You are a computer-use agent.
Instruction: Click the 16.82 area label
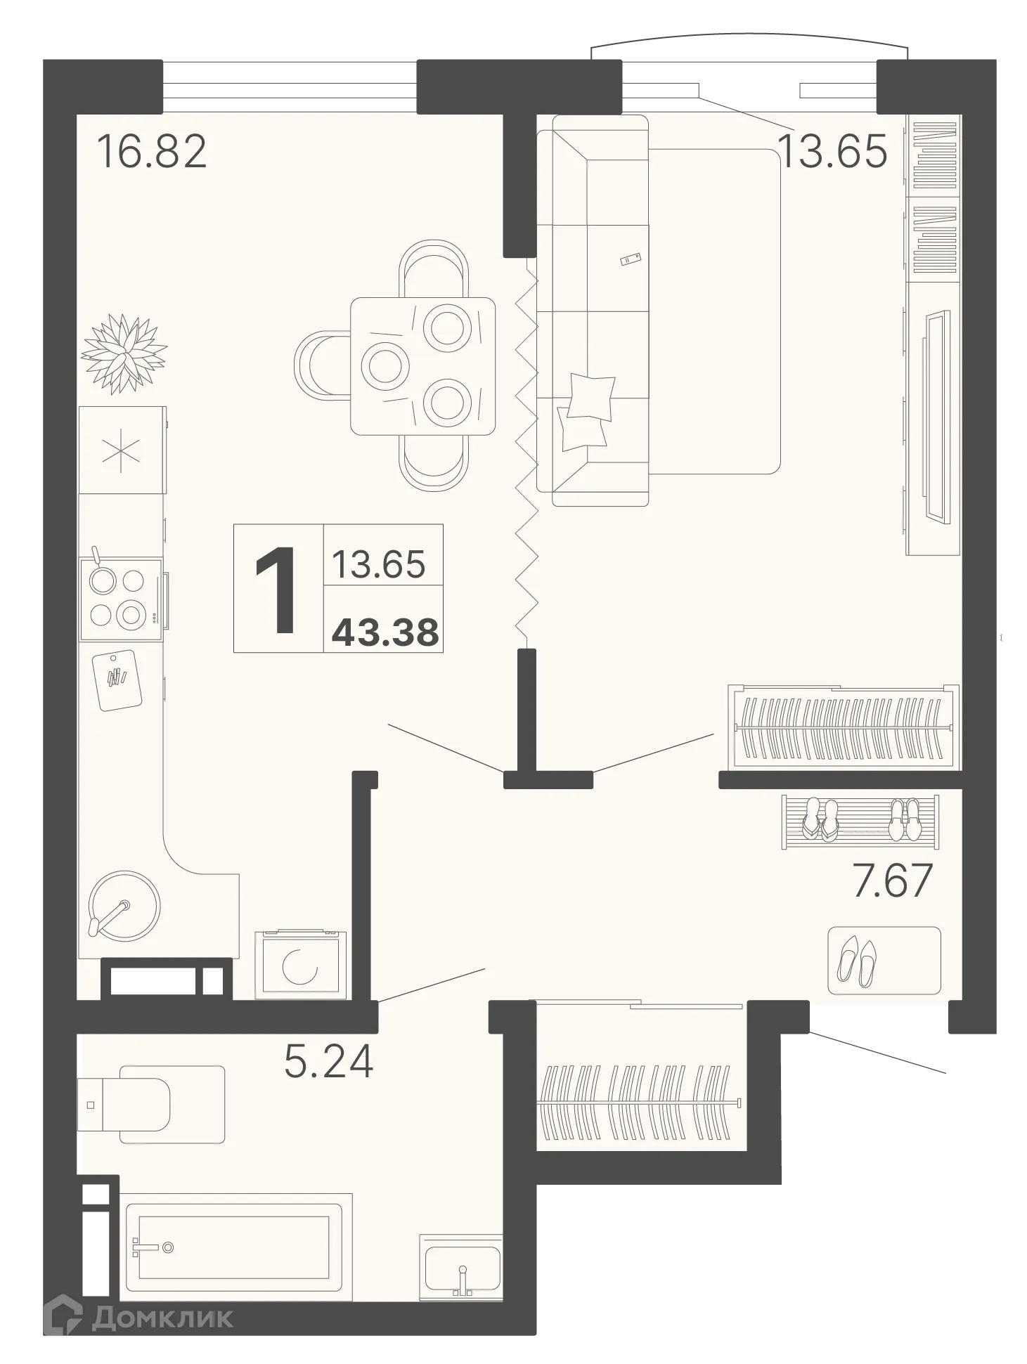point(152,152)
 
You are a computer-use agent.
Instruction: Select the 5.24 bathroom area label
point(328,1061)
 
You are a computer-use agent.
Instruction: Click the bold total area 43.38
point(385,632)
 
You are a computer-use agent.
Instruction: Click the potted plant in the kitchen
point(124,353)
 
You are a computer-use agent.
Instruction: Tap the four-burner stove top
point(120,599)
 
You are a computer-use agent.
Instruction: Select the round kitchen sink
point(124,905)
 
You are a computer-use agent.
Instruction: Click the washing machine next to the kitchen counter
point(301,964)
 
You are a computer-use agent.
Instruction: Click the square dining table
point(422,366)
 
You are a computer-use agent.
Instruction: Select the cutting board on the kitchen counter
point(117,680)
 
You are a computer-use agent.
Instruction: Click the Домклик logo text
point(162,1318)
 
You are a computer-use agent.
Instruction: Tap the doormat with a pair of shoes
point(884,961)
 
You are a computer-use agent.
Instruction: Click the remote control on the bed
point(630,259)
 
